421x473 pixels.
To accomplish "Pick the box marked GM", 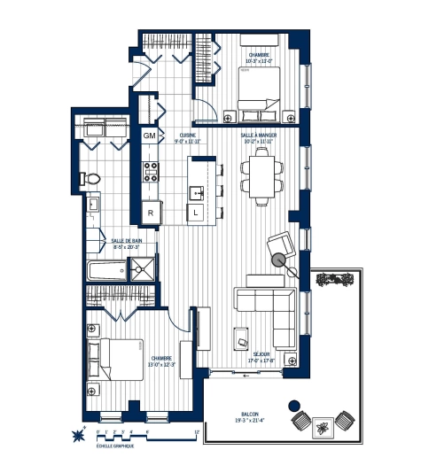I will coord(151,136).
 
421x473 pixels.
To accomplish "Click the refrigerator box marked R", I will coord(152,213).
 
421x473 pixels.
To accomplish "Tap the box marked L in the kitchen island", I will coord(194,213).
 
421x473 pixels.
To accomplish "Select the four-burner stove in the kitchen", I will coord(152,170).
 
